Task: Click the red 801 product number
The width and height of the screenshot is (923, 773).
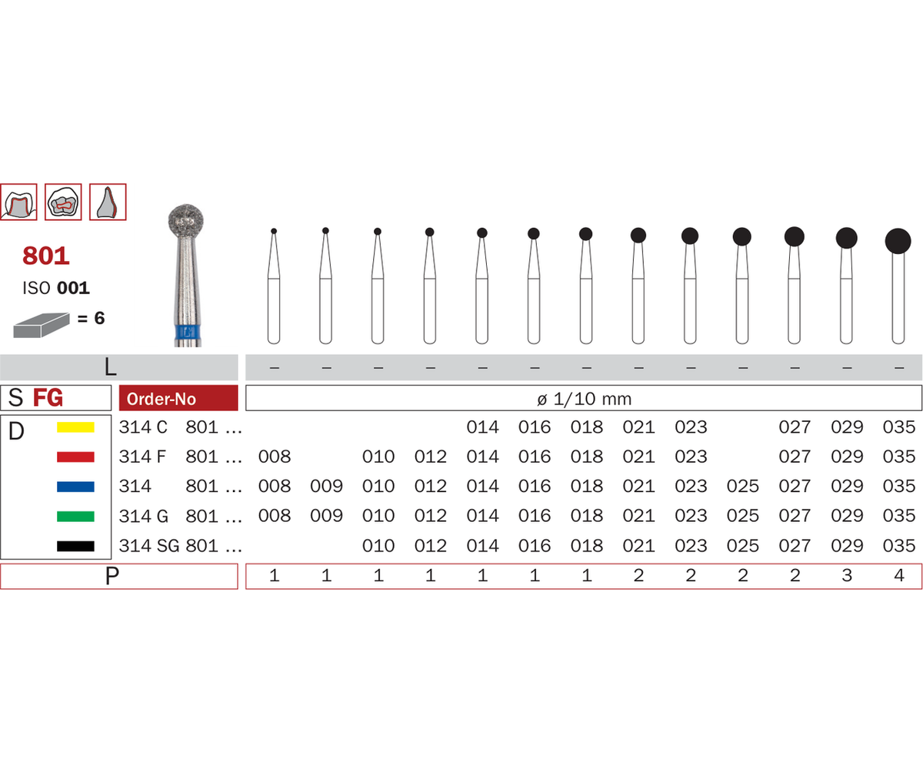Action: click(46, 256)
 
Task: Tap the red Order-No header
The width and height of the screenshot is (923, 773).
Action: click(178, 398)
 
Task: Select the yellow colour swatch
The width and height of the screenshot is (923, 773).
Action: click(75, 427)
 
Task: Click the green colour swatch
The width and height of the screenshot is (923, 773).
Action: click(75, 517)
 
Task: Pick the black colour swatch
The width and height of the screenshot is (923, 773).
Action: click(75, 546)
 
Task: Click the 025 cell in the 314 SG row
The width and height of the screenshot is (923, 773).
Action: click(743, 546)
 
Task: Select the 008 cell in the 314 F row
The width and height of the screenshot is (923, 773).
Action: click(275, 457)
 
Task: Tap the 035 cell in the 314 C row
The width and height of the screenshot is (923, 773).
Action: click(898, 427)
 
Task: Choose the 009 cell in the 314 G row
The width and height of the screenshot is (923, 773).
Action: click(326, 516)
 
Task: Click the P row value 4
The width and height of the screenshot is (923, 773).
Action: click(898, 575)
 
